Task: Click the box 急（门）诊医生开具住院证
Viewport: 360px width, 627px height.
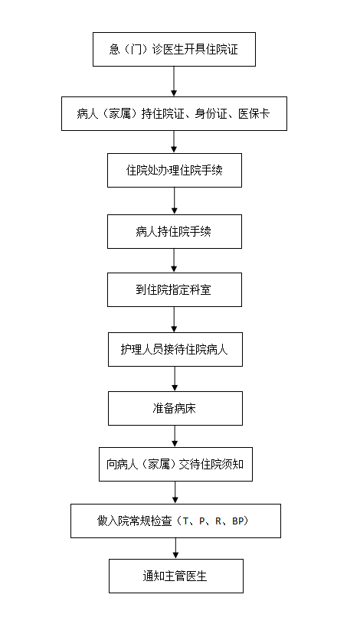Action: [174, 49]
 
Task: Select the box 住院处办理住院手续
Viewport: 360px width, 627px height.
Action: [175, 171]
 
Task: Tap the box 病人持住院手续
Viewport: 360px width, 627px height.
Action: [175, 231]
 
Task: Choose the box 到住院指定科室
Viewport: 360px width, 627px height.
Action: [175, 290]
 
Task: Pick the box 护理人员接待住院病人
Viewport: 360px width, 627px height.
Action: [175, 350]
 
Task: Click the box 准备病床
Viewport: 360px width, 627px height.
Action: [175, 408]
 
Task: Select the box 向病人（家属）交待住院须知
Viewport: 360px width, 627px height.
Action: [175, 464]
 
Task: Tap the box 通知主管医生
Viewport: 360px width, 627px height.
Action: [176, 576]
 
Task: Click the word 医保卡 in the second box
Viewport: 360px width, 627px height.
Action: [254, 113]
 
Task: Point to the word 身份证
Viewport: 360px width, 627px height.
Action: [211, 113]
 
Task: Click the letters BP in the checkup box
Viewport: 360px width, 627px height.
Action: [237, 521]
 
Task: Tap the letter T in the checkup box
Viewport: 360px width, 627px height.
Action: [185, 521]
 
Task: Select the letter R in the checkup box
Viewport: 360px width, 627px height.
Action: [218, 521]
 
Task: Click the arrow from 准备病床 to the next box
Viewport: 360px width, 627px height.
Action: [175, 436]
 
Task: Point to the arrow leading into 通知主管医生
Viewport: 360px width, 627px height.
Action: [175, 548]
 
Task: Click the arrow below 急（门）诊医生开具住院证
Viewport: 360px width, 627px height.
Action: [174, 81]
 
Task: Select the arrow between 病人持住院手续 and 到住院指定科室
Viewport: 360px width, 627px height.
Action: [174, 261]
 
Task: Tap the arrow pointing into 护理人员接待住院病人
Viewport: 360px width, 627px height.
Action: [174, 319]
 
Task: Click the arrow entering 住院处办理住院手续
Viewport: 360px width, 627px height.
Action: [174, 142]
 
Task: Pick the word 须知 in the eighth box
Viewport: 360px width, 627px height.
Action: [233, 464]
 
